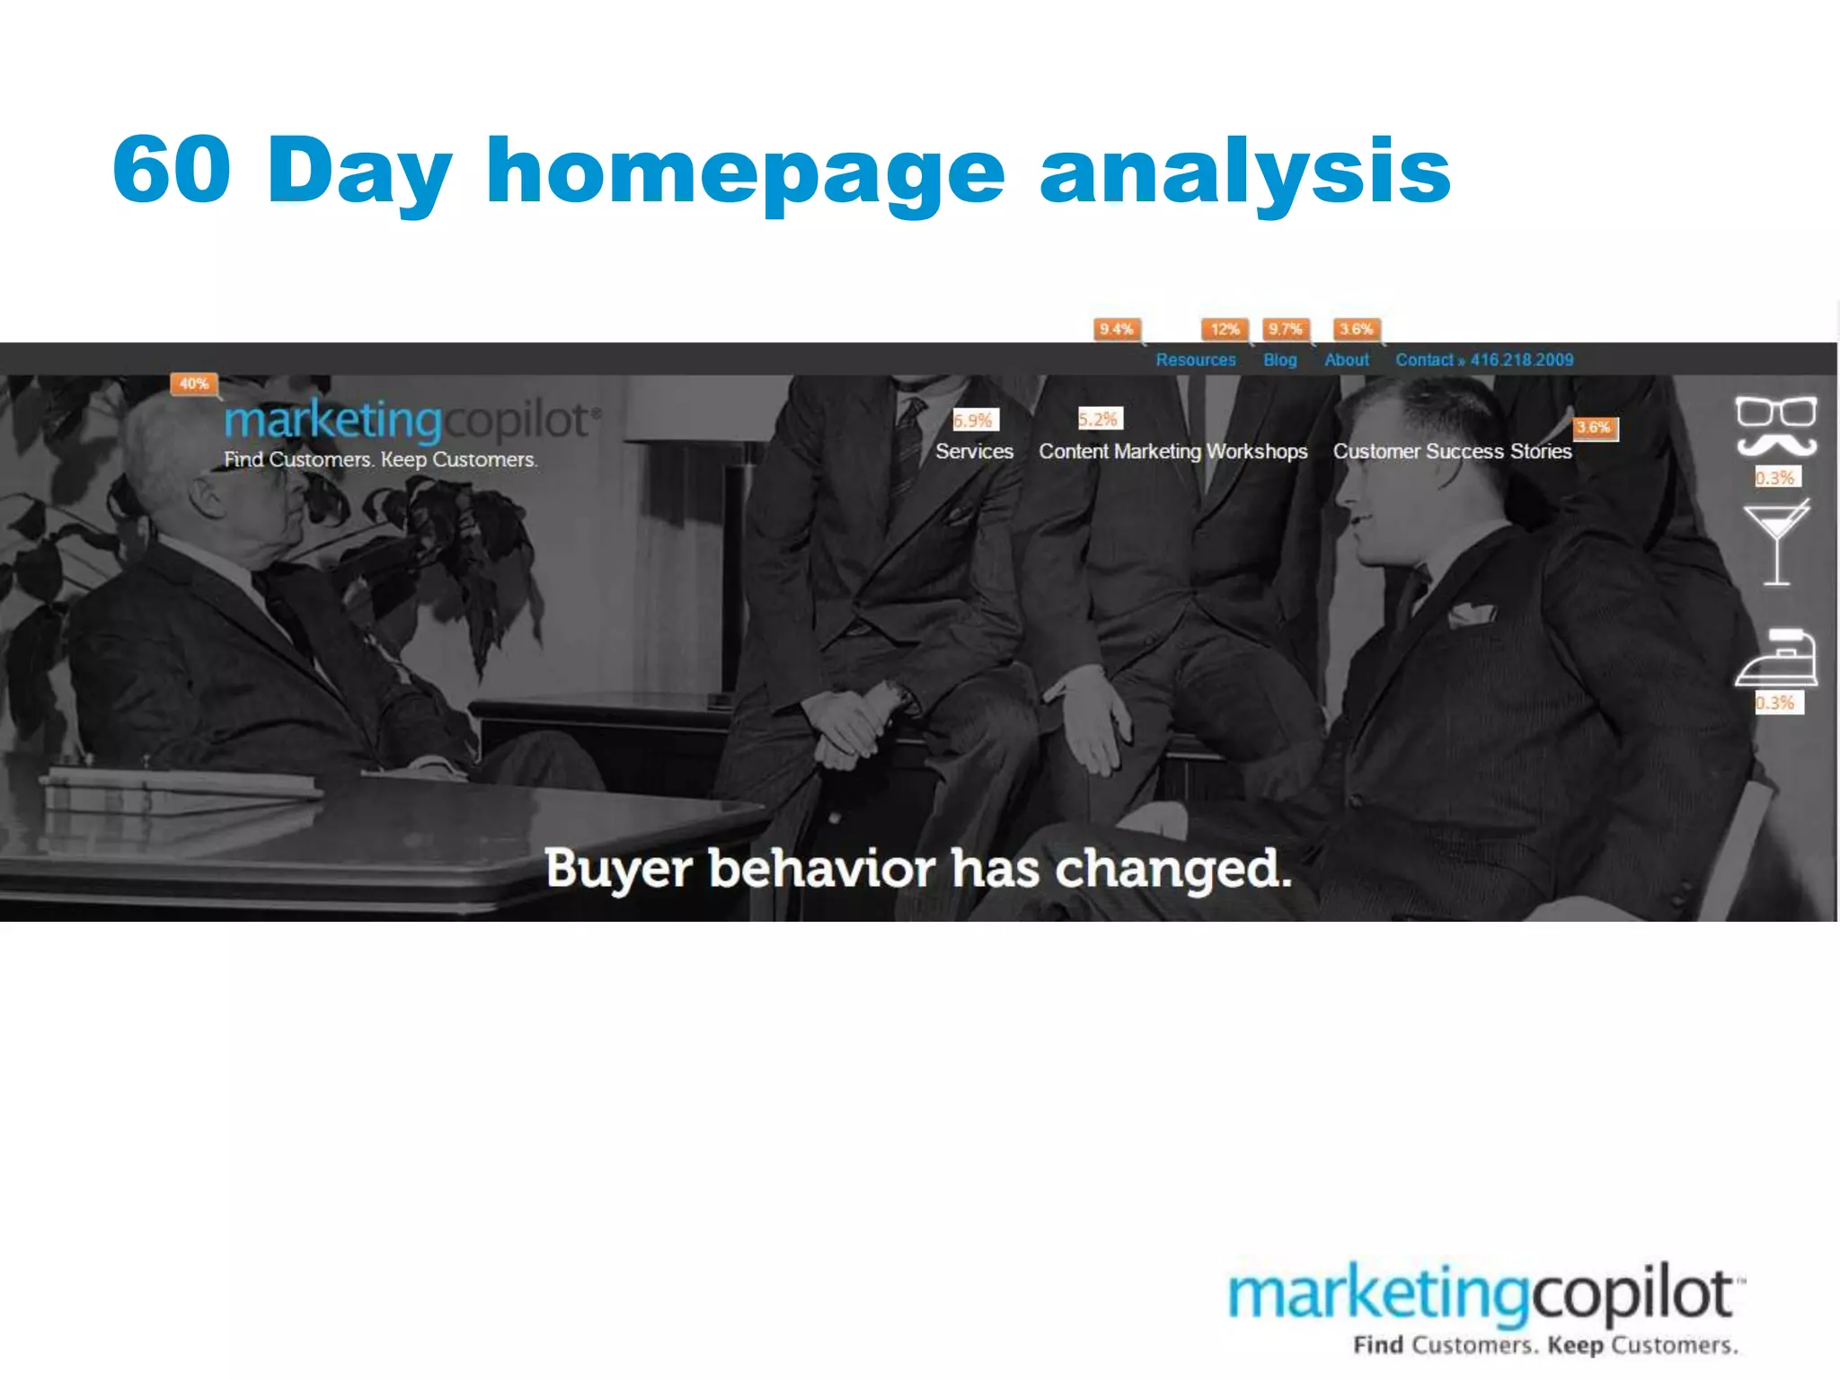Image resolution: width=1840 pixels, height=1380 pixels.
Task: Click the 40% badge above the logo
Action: [194, 384]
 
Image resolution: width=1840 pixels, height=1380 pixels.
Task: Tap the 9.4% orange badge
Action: [1116, 329]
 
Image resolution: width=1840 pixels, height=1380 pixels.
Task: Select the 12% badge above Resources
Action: [1225, 329]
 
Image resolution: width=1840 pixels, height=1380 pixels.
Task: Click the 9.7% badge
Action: [1285, 329]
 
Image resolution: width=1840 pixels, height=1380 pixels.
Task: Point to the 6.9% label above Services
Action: [974, 420]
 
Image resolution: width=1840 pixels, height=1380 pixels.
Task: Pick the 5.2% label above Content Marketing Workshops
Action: [1099, 419]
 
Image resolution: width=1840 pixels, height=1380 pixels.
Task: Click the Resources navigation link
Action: [1195, 359]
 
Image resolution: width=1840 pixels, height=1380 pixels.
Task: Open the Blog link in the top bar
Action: [1279, 359]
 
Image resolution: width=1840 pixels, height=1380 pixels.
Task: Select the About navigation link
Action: [1346, 359]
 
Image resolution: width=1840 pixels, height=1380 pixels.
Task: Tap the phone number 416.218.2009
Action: [1521, 359]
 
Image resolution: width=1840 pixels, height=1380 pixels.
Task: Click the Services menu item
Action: [974, 451]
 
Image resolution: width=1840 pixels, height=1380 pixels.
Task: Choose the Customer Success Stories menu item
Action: [1452, 451]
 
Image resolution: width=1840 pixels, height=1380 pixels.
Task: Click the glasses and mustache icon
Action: [1775, 426]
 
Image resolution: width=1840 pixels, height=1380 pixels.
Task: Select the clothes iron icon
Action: [1777, 659]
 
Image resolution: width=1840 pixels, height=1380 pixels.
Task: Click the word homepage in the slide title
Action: [745, 171]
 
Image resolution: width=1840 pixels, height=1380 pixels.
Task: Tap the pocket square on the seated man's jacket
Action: [1471, 615]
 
